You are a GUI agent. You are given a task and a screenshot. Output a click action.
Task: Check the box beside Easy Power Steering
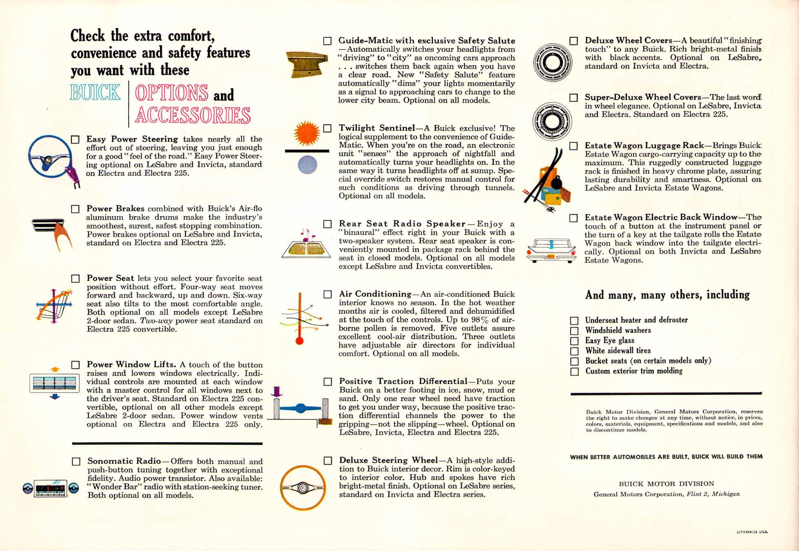click(x=75, y=140)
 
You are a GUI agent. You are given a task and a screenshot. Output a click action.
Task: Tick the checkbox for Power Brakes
click(x=75, y=209)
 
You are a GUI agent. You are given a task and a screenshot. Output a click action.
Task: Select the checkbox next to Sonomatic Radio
click(x=76, y=462)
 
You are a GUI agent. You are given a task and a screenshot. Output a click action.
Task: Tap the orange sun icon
click(x=307, y=133)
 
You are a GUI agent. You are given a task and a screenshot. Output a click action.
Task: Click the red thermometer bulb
click(x=300, y=340)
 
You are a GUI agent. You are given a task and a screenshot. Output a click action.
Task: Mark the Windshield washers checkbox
click(x=574, y=331)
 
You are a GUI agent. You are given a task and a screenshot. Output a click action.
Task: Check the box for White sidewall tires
click(x=574, y=351)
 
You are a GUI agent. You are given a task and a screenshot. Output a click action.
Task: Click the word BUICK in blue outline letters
click(x=95, y=92)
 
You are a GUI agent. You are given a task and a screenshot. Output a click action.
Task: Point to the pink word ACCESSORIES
click(x=193, y=115)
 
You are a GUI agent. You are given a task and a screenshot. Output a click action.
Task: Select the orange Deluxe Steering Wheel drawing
click(x=302, y=488)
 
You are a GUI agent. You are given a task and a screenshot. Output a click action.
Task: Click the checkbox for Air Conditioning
click(x=328, y=294)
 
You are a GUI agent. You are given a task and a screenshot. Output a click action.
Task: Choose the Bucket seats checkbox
click(x=574, y=361)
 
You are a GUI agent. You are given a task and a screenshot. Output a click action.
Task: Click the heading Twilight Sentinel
click(x=377, y=128)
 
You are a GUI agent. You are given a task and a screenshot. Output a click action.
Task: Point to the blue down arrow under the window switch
click(x=55, y=396)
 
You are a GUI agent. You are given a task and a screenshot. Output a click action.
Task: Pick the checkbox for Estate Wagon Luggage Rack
click(x=573, y=146)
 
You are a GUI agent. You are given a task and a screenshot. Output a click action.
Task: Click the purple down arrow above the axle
click(x=277, y=392)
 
